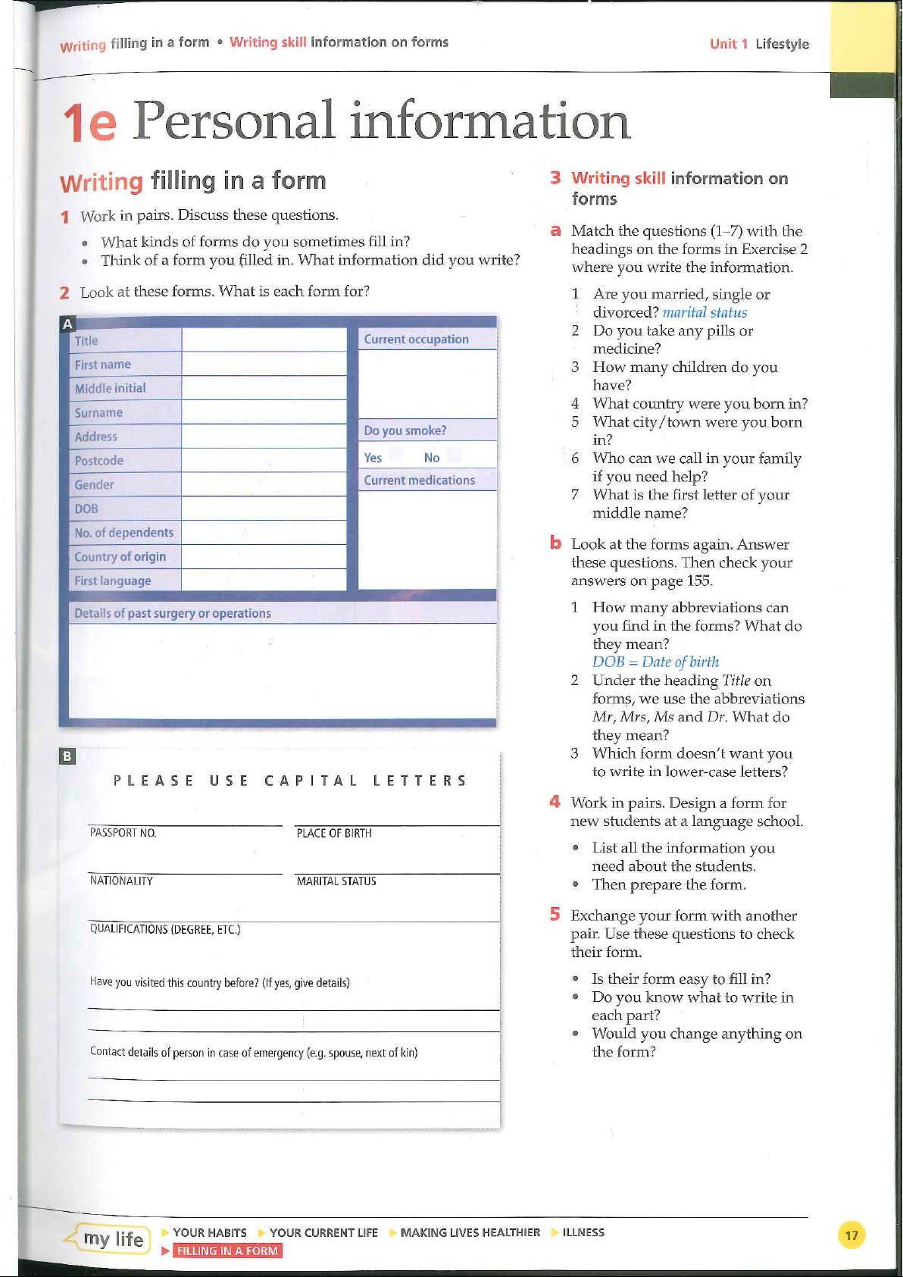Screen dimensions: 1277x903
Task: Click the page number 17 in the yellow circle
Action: (x=851, y=1236)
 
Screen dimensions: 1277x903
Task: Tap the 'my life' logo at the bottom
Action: (x=113, y=1239)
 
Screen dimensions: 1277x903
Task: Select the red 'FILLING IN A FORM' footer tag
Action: (x=227, y=1251)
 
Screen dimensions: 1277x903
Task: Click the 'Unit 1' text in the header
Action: (x=729, y=44)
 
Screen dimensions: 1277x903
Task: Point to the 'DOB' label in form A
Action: (x=86, y=509)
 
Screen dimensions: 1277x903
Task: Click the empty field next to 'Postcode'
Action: (x=264, y=460)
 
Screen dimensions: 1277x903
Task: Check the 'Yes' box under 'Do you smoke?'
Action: (x=395, y=455)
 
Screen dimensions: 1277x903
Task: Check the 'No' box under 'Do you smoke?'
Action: (x=455, y=455)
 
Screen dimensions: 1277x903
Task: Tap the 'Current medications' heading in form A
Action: (x=419, y=480)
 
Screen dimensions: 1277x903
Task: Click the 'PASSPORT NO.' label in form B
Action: (x=123, y=833)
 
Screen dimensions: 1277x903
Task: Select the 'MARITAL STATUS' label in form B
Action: (x=336, y=881)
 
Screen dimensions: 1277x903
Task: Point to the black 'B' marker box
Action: (x=67, y=756)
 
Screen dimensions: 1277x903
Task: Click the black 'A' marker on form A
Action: (x=67, y=324)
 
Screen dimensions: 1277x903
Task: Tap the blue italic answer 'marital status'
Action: (x=705, y=312)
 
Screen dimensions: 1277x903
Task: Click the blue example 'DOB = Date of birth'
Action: (x=655, y=662)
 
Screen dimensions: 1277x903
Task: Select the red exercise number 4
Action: (x=555, y=802)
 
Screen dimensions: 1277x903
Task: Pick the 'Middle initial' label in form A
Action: (x=110, y=388)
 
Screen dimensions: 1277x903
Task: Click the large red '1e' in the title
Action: (x=89, y=123)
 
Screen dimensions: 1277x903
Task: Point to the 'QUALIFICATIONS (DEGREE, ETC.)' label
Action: (x=165, y=929)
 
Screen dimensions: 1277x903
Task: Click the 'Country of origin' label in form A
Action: (x=120, y=557)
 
